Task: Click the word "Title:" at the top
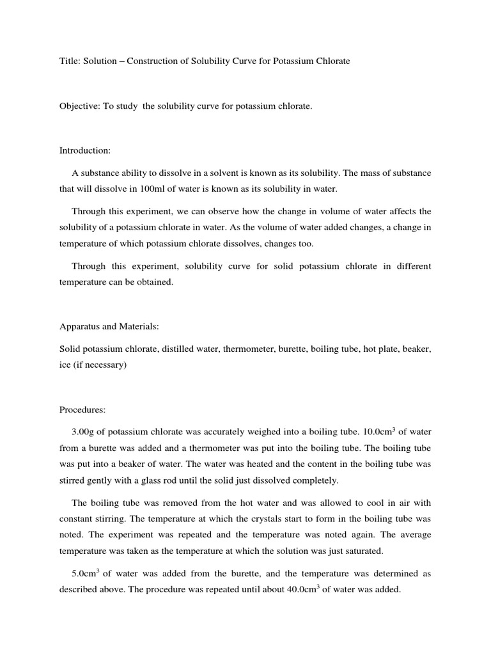pyautogui.click(x=70, y=61)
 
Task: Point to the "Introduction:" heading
pyautogui.click(x=85, y=150)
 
